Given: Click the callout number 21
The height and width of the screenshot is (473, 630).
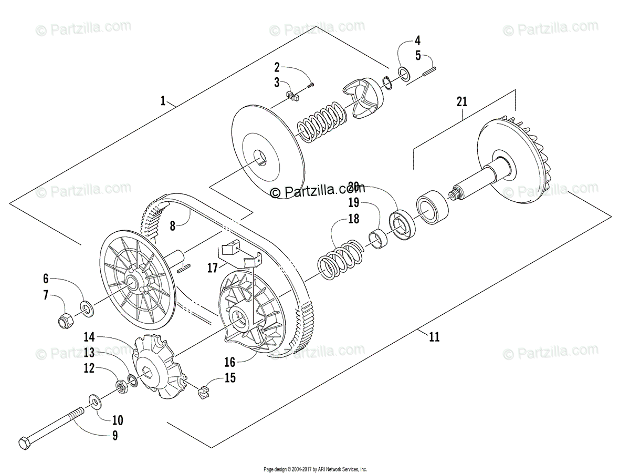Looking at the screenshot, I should tap(462, 102).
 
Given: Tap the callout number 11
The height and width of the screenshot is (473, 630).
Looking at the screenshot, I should tap(434, 337).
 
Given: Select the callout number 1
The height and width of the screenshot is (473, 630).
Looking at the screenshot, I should tap(163, 100).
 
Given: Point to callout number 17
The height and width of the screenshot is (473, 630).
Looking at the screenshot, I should tap(211, 268).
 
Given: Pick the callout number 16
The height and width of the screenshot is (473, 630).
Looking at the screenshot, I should tap(230, 362).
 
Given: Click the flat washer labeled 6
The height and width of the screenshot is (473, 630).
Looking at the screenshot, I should tap(87, 306).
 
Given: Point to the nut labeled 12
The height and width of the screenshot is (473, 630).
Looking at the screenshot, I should tap(121, 387).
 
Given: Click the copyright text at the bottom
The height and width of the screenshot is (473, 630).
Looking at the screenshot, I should tap(314, 469).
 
